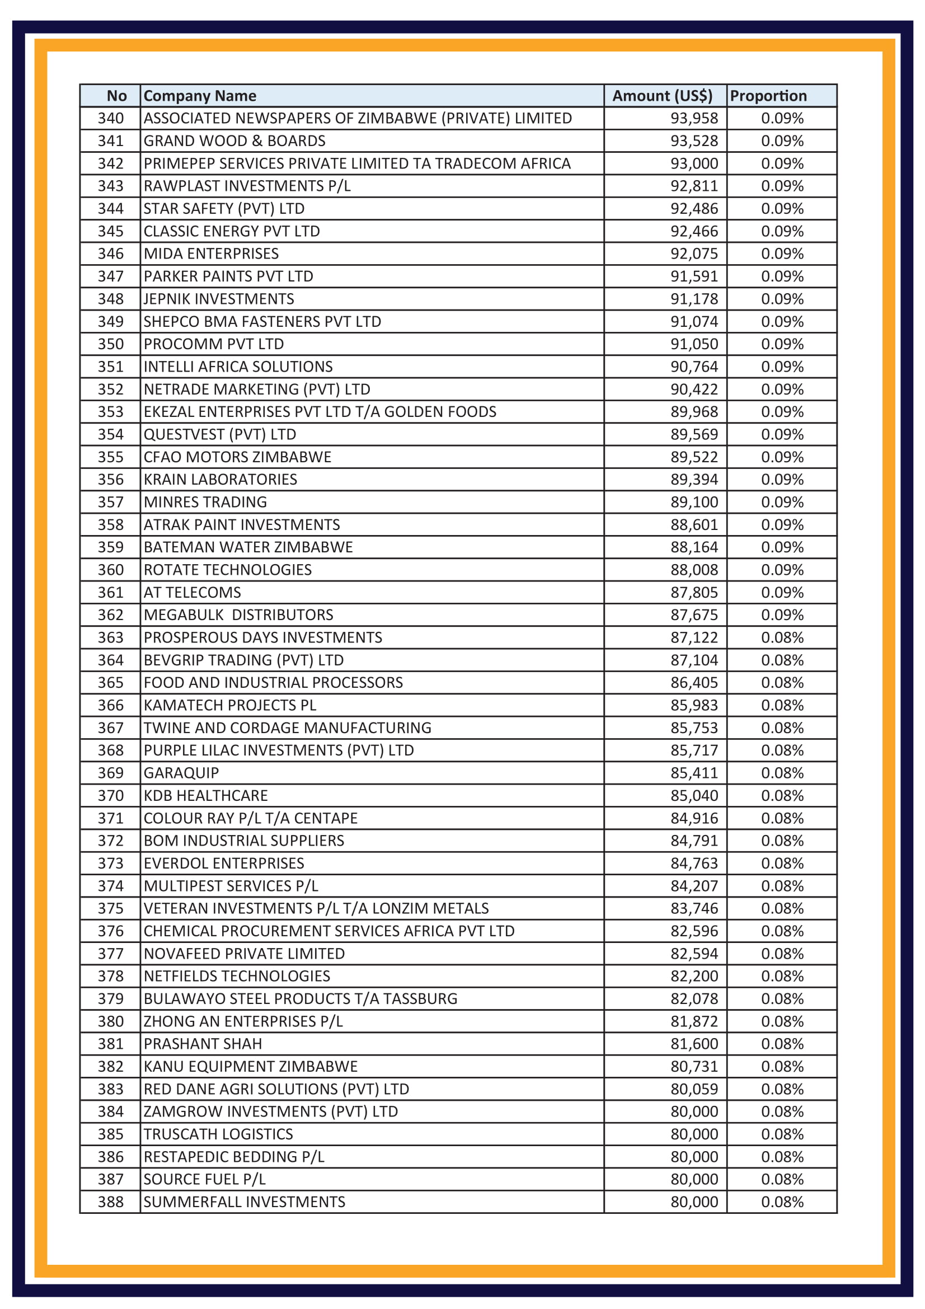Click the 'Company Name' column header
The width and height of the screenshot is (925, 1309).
(x=199, y=96)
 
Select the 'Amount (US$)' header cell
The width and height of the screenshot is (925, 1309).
(x=662, y=96)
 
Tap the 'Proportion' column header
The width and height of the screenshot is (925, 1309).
(x=768, y=96)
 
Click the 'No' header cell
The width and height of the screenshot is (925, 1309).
(x=116, y=96)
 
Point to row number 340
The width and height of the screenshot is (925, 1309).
(x=111, y=118)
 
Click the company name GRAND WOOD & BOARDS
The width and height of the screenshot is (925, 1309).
(x=234, y=141)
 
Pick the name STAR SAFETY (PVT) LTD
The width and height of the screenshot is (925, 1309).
(x=224, y=209)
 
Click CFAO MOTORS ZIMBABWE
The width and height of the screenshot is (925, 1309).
(x=237, y=457)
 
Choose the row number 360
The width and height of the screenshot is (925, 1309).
(x=111, y=570)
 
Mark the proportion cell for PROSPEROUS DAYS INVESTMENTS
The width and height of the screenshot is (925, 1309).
(x=782, y=637)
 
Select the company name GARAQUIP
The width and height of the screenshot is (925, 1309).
(x=181, y=772)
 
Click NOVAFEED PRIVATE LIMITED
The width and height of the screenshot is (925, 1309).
(x=244, y=953)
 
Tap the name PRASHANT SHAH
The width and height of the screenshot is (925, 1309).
(x=203, y=1043)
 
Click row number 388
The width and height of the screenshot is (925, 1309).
(x=111, y=1202)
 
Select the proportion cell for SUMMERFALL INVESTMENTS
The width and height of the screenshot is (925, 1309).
(x=782, y=1202)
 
